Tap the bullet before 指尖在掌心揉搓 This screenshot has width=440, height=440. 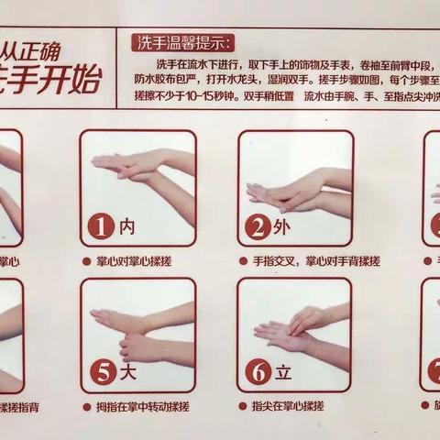tap(245, 407)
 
